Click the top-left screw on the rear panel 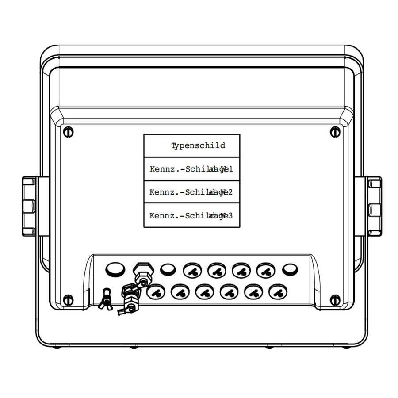(68, 131)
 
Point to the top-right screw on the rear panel (335, 131)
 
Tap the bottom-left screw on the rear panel (68, 300)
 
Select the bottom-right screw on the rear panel (335, 300)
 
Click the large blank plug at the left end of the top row (115, 268)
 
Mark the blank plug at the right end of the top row (290, 269)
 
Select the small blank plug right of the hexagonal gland (167, 269)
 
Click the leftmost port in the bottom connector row (155, 292)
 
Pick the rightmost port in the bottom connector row (277, 292)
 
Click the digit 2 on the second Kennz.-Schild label (230, 192)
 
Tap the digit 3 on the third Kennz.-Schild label (230, 216)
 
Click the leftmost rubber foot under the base (57, 347)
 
